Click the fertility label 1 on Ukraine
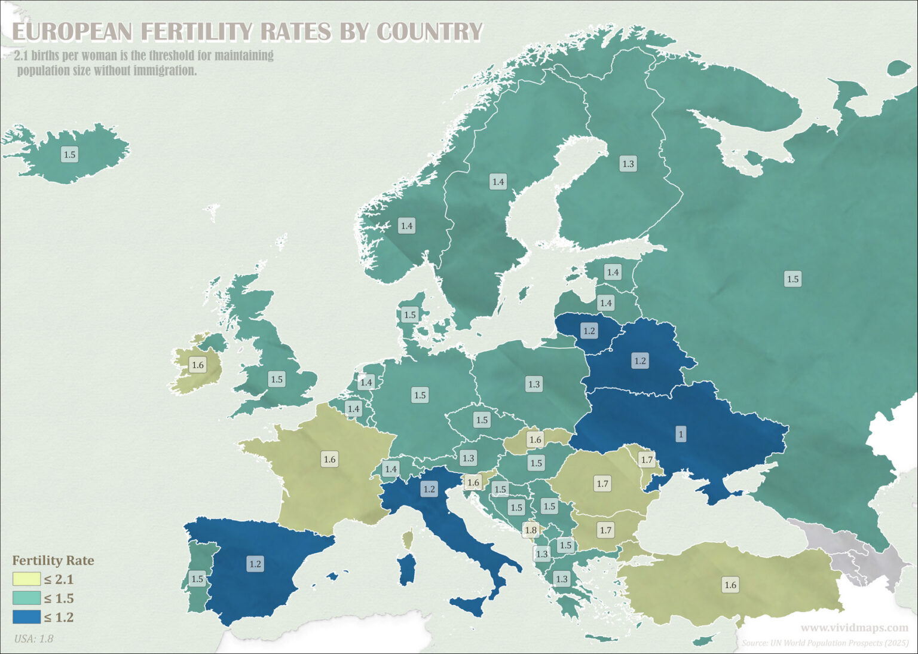point(680,434)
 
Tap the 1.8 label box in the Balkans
point(530,530)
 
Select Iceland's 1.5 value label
point(69,155)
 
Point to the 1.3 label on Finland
point(628,164)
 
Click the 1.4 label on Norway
point(406,226)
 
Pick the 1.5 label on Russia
point(792,279)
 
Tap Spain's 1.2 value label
point(255,564)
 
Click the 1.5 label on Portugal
point(197,579)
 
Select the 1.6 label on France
point(329,459)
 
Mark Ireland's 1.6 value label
point(197,365)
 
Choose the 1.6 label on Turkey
point(730,585)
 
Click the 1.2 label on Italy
point(429,489)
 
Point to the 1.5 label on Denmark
point(409,315)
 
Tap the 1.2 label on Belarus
point(639,361)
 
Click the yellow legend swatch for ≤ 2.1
point(26,579)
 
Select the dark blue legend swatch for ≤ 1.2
point(26,617)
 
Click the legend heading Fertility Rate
point(53,560)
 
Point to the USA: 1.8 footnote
point(33,638)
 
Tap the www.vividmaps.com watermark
point(854,628)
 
